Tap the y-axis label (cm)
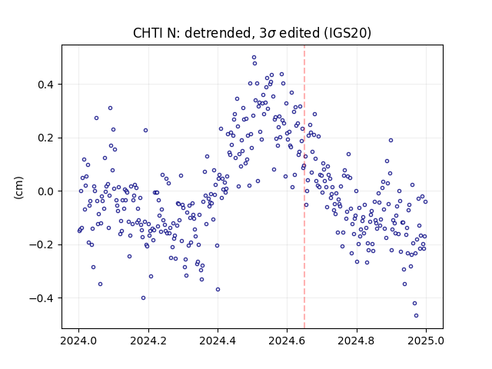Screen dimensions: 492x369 18,188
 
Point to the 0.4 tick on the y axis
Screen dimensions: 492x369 47,85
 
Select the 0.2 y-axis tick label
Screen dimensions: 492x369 47,138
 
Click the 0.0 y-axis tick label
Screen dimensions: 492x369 47,191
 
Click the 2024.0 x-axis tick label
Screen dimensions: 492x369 78,341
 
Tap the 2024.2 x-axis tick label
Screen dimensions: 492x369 148,341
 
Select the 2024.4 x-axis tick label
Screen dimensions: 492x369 218,341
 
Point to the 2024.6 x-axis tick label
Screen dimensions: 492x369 287,341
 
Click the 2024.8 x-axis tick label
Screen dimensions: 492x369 357,341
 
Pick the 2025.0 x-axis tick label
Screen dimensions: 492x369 426,341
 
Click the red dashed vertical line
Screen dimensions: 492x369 304,187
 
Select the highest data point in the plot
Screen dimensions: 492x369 254,58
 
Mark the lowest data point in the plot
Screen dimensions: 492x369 416,316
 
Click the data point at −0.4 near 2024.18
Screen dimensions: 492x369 144,298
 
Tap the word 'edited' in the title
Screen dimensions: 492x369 299,33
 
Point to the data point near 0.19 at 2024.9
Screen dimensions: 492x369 391,140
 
